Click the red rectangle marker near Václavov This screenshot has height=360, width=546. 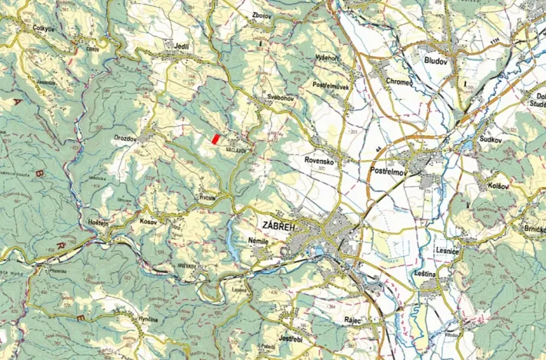click(x=216, y=138)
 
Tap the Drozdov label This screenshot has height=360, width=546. click(x=125, y=138)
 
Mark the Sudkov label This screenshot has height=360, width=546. click(x=490, y=140)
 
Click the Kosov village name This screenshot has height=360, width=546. click(x=148, y=222)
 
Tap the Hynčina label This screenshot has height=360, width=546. click(x=148, y=318)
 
